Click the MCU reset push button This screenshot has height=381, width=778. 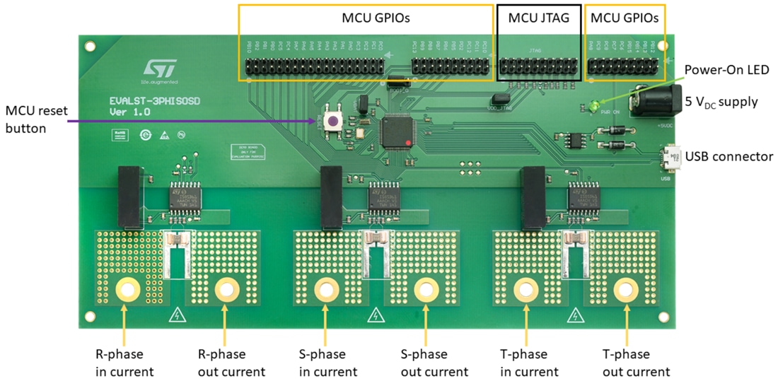click(331, 121)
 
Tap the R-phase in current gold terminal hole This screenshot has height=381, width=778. click(127, 289)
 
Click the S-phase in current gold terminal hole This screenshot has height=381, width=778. click(326, 289)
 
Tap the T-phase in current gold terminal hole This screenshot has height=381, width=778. click(525, 289)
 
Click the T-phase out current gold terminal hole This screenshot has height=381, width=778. click(625, 289)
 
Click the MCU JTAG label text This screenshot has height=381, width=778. click(539, 19)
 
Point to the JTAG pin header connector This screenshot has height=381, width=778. click(540, 66)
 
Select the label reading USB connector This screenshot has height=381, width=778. click(729, 157)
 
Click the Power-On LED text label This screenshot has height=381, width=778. click(726, 70)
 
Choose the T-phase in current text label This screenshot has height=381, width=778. click(526, 363)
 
